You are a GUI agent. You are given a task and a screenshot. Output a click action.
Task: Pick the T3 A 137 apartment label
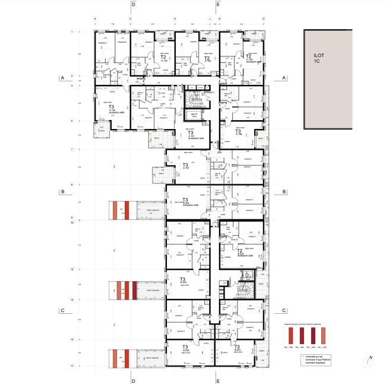click(x=185, y=166)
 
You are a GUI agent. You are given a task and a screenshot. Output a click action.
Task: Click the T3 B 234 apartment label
click(x=185, y=201)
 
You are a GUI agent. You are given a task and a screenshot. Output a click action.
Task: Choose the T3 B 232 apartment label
click(x=185, y=348)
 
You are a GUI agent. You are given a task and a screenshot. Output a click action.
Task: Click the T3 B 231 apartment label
click(x=237, y=348)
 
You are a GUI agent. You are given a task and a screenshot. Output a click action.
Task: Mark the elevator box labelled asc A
click(x=194, y=115)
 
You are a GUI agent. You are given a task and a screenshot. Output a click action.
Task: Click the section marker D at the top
click(x=133, y=5)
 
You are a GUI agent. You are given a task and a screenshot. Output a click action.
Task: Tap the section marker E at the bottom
click(x=218, y=380)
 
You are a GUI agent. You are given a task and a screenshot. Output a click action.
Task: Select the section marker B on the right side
click(x=284, y=191)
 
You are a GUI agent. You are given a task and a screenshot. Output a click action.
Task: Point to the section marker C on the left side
click(x=61, y=310)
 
